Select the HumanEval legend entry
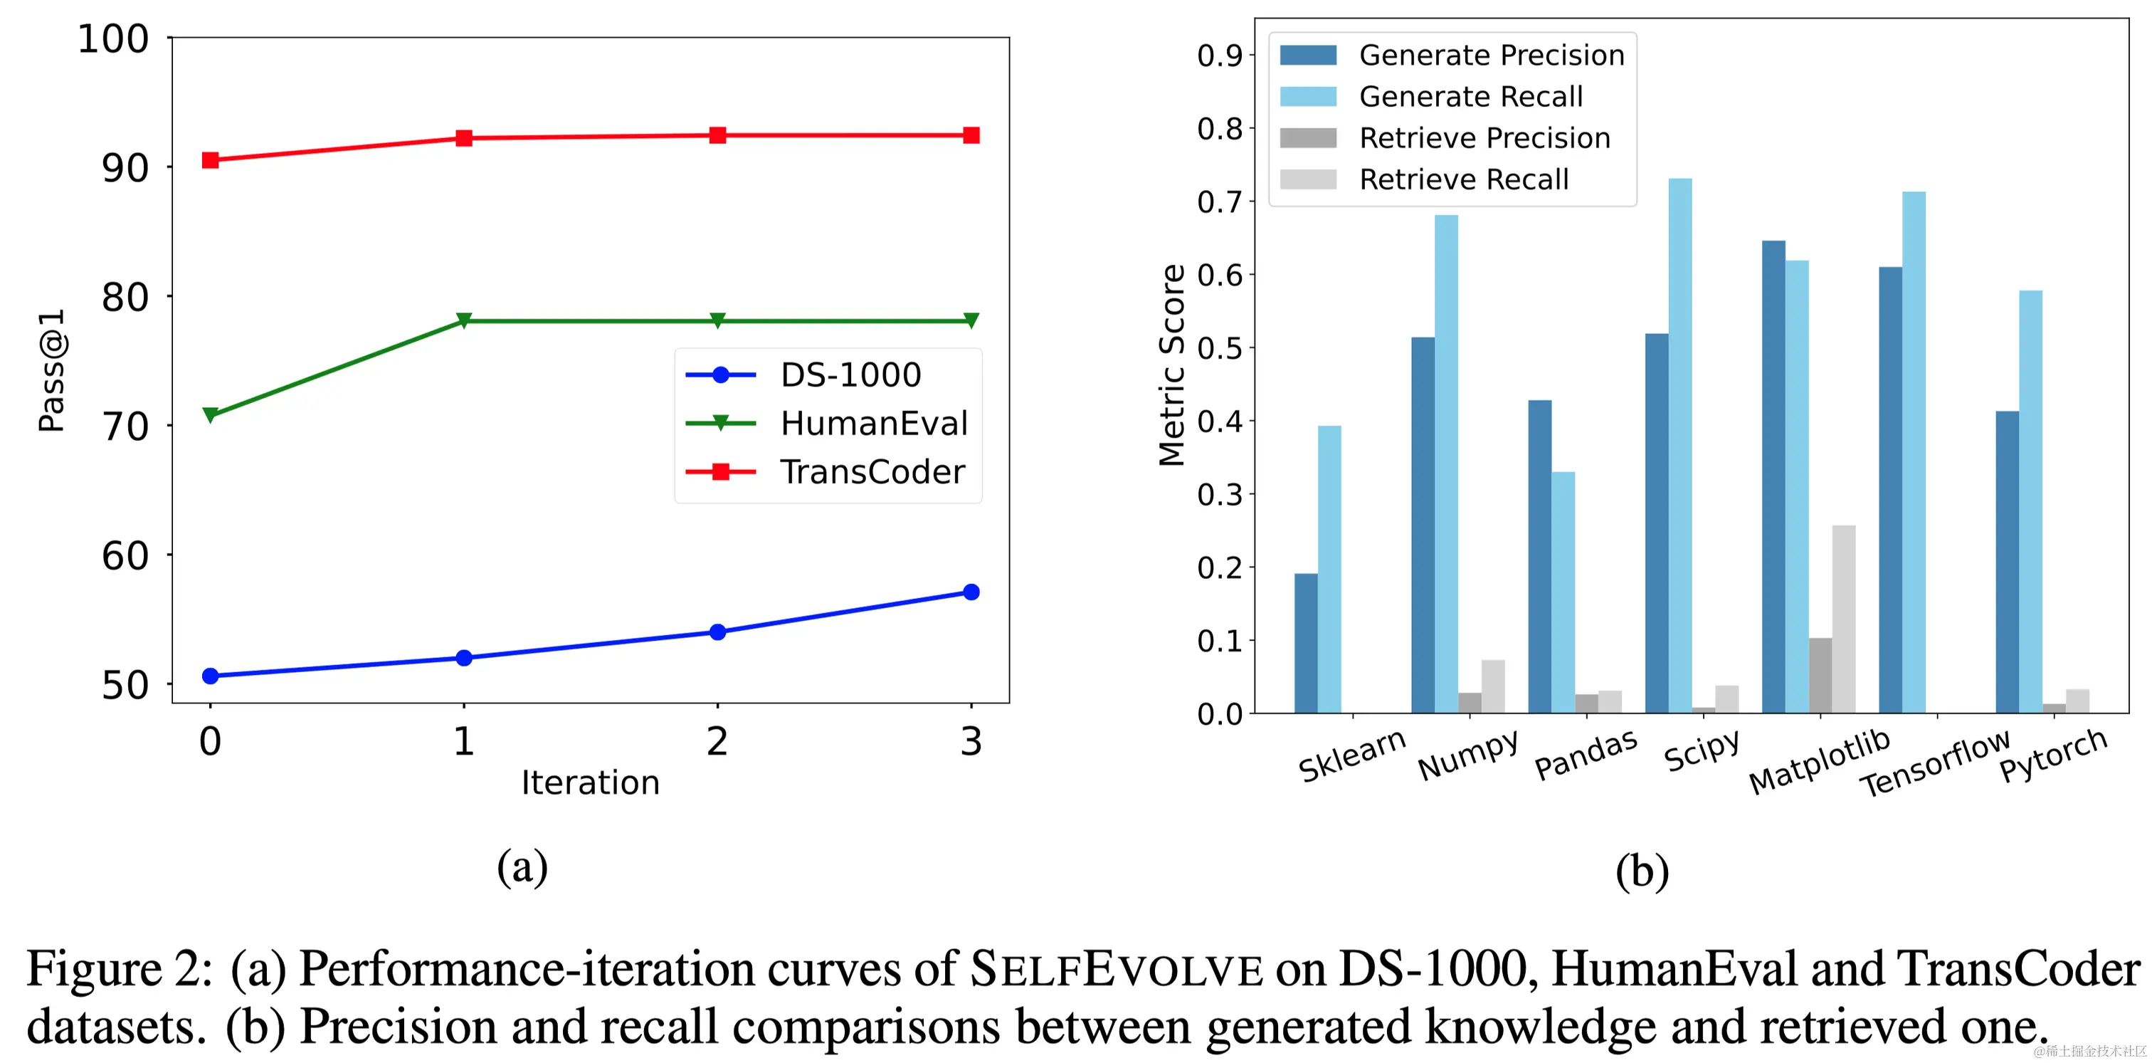(x=873, y=423)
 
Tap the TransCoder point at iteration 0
(x=211, y=159)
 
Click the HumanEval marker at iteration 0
(x=211, y=414)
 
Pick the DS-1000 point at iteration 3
(x=971, y=592)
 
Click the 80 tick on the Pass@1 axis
(x=125, y=297)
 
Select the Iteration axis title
(x=590, y=782)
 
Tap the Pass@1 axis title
(x=52, y=370)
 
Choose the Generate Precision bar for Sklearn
(x=1306, y=643)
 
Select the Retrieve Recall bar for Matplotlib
(x=1844, y=619)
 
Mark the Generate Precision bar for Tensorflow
(x=1889, y=490)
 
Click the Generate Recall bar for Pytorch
(x=2030, y=501)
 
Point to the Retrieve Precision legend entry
(x=1484, y=138)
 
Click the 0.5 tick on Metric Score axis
(x=1219, y=347)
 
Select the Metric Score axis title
(x=1171, y=365)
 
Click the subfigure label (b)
(x=1642, y=871)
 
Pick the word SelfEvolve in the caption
(x=1116, y=970)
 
